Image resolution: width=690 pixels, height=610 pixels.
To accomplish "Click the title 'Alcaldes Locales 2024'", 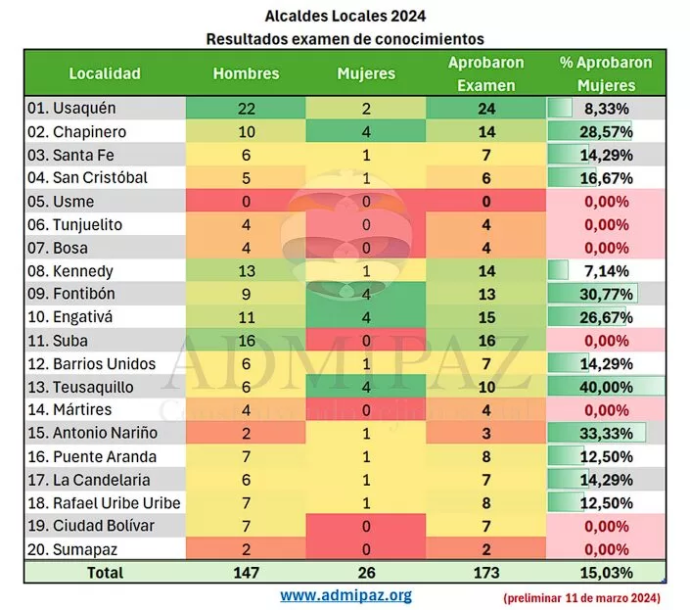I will point(345,16).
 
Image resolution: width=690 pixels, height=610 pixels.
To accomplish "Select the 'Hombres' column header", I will point(246,73).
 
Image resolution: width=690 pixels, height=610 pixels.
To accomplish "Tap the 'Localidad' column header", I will point(105,73).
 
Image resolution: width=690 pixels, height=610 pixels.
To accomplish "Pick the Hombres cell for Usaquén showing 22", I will point(246,109).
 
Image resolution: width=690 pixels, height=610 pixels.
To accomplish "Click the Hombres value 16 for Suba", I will point(246,341).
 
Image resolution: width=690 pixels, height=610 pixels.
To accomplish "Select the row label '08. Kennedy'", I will point(70,271).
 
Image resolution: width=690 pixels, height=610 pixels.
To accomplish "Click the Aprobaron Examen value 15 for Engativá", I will point(486,317).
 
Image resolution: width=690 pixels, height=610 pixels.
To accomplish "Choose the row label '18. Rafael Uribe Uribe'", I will point(103,503).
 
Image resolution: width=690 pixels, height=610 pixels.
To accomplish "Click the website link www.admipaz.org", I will point(345,594).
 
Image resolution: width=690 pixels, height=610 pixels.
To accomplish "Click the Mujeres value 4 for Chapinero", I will point(365,132).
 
